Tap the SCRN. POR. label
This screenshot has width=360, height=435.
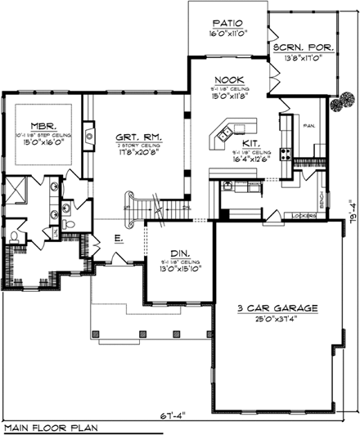[302, 47]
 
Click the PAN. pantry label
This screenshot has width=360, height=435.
[308, 126]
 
